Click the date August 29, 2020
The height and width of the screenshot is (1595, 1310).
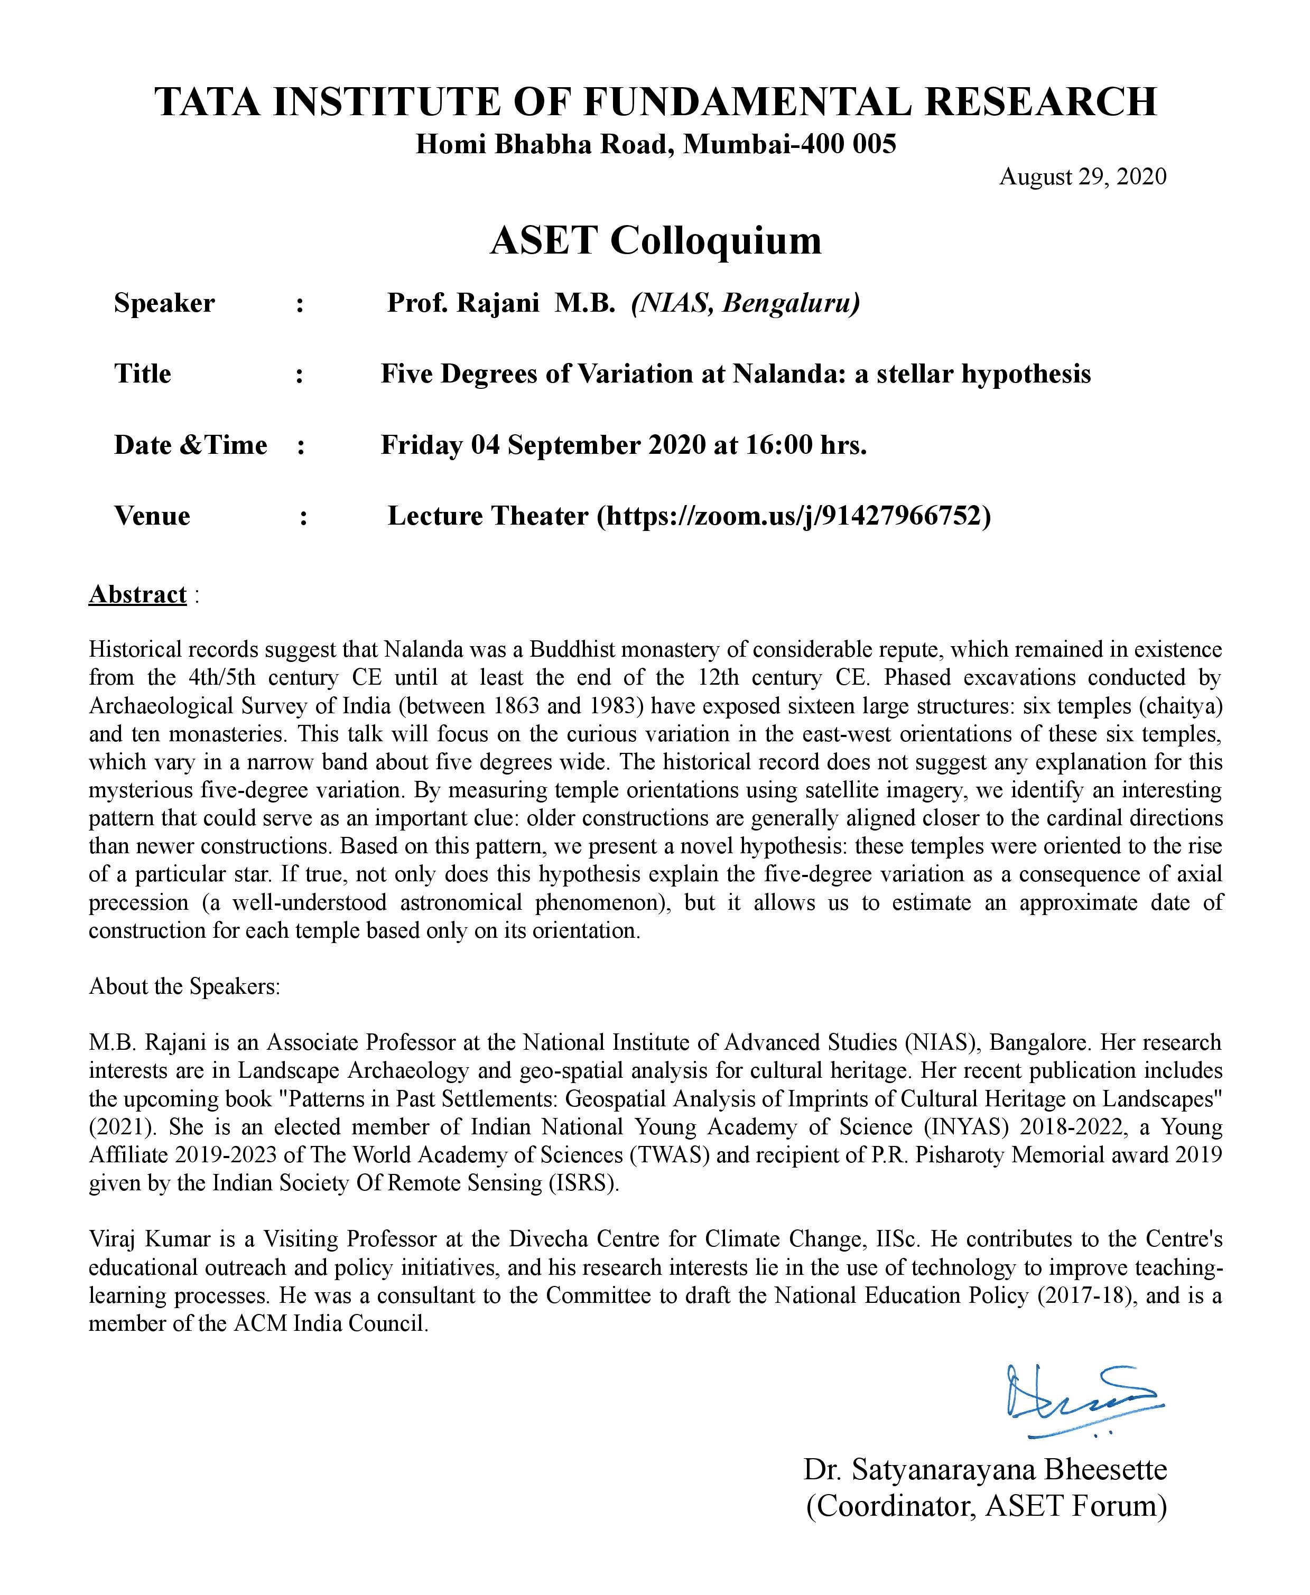pyautogui.click(x=1082, y=176)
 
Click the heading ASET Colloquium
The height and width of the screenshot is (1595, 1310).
pyautogui.click(x=655, y=241)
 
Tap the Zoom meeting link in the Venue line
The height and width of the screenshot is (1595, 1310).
pyautogui.click(x=792, y=516)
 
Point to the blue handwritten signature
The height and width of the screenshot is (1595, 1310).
pyautogui.click(x=1082, y=1401)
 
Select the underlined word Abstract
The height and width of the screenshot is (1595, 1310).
pyautogui.click(x=137, y=594)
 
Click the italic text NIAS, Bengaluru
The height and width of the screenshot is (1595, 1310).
pyautogui.click(x=746, y=303)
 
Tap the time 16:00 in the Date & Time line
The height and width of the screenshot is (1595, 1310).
pyautogui.click(x=779, y=445)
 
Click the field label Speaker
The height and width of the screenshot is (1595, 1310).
pyautogui.click(x=164, y=303)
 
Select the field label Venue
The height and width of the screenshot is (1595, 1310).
pyautogui.click(x=152, y=516)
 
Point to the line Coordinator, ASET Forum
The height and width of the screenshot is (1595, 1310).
pyautogui.click(x=986, y=1506)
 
